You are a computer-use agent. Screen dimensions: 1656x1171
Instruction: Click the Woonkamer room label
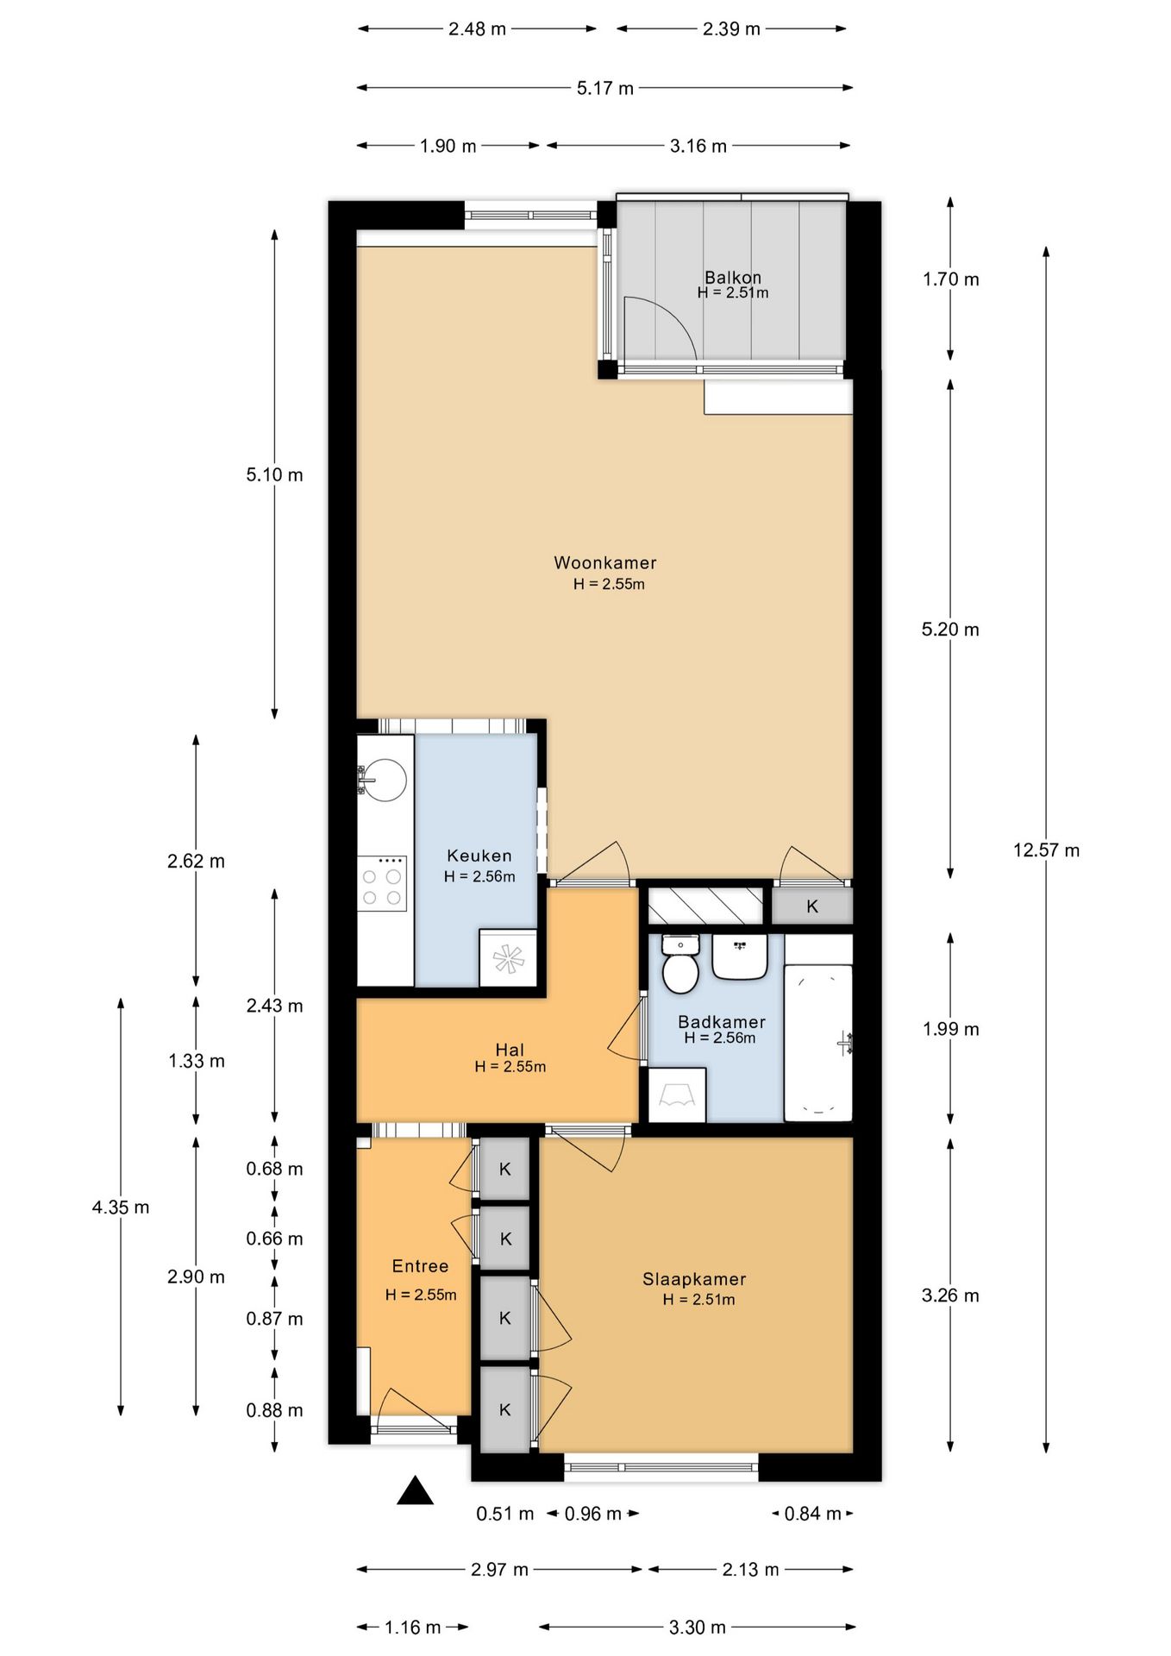click(604, 563)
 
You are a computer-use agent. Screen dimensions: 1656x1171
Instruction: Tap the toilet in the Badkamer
click(680, 965)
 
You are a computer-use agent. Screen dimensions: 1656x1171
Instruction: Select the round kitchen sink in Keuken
click(383, 780)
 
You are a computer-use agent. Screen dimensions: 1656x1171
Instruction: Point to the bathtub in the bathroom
click(818, 1042)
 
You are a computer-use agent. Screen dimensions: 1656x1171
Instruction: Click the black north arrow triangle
click(415, 1490)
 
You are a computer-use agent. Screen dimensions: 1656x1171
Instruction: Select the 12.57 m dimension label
click(1046, 850)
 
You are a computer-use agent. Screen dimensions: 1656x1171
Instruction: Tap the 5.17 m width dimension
click(604, 88)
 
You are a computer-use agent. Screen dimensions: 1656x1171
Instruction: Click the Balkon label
click(733, 278)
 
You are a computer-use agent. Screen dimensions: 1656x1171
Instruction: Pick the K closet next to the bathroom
click(811, 906)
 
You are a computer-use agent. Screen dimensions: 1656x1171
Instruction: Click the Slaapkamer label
click(694, 1280)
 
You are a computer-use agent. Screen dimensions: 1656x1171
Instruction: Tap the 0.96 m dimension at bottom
click(593, 1514)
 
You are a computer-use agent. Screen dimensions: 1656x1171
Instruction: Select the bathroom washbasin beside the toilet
click(740, 957)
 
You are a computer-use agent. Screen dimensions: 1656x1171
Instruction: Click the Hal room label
click(510, 1050)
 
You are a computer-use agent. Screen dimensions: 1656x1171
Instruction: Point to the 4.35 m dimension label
click(121, 1207)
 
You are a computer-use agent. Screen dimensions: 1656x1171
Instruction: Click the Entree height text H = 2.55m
click(421, 1295)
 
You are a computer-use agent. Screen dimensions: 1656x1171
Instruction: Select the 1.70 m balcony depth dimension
click(950, 279)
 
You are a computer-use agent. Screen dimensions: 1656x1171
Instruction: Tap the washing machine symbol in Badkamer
click(677, 1095)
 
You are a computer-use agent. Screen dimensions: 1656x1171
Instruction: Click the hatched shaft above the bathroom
click(705, 906)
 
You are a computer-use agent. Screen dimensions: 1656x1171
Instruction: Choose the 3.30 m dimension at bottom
click(697, 1628)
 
